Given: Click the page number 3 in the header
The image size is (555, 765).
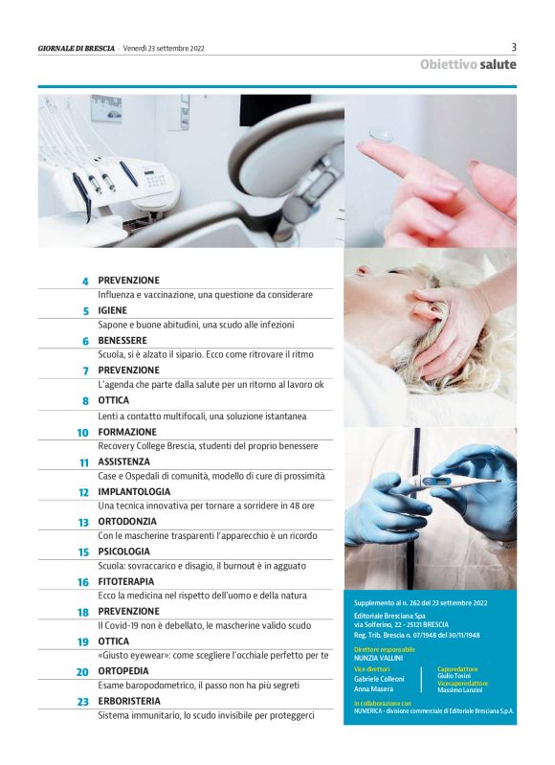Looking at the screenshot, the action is (x=514, y=47).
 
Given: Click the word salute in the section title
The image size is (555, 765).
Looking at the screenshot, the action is (x=498, y=64).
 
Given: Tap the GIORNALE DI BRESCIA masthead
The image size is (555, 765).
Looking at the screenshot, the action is (x=77, y=48).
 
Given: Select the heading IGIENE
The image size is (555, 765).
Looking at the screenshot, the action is (x=112, y=310).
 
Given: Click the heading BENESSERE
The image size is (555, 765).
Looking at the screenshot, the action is (x=122, y=340).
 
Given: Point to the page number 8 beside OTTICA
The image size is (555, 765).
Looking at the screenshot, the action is (x=86, y=401).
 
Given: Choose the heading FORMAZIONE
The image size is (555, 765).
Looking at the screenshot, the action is (x=127, y=432).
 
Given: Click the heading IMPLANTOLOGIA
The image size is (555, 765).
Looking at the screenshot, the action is (x=134, y=491).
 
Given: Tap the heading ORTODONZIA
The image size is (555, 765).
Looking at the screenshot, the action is (x=127, y=522).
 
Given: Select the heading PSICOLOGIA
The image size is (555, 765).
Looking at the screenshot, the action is (x=123, y=551).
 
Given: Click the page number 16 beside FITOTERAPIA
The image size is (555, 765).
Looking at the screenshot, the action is (x=83, y=582).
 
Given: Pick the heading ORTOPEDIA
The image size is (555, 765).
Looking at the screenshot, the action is (x=122, y=671).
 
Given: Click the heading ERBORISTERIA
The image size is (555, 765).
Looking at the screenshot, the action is (x=129, y=701).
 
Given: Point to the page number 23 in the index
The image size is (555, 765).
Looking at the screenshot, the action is (x=83, y=702).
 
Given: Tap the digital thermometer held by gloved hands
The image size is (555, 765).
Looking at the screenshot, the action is (x=453, y=482).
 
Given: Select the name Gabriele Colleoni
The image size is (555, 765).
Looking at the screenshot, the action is (x=379, y=679).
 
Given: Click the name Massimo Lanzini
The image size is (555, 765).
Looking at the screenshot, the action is (x=460, y=690).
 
